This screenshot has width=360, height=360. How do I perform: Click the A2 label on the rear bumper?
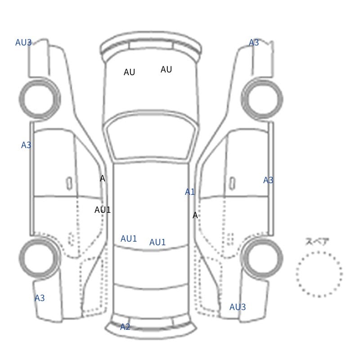(x=125, y=327)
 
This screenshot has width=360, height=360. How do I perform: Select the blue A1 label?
(x=190, y=192)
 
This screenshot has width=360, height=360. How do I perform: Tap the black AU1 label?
(x=103, y=210)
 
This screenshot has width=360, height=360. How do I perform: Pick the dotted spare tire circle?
(x=319, y=252)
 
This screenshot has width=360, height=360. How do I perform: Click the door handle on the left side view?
(x=69, y=184)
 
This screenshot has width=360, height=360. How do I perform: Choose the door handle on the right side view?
(x=232, y=184)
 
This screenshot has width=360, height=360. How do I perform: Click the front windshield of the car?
(x=151, y=135)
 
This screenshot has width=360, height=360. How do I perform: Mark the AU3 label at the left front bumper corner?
(x=23, y=42)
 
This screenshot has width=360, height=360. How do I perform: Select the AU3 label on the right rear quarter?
(x=238, y=307)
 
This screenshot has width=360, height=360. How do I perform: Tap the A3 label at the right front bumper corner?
(x=254, y=42)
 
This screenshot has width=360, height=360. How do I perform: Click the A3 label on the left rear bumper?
(x=40, y=298)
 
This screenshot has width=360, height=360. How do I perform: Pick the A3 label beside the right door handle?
(x=268, y=180)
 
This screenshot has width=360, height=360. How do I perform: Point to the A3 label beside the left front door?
(x=26, y=145)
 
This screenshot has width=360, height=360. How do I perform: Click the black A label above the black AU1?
(x=103, y=178)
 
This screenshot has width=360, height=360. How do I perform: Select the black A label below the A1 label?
(x=195, y=216)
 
